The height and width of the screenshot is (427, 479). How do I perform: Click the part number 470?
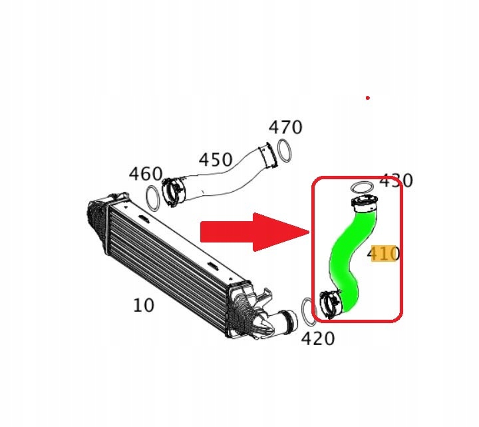(x=285, y=127)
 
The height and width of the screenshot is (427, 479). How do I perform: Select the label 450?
(x=216, y=159)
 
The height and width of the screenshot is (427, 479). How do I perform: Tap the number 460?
(x=146, y=174)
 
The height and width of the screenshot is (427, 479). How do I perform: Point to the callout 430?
(x=396, y=181)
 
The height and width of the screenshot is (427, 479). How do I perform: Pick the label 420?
(x=318, y=338)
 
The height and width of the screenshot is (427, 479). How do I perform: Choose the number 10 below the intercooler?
(x=144, y=305)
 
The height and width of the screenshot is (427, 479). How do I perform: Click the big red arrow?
(x=255, y=232)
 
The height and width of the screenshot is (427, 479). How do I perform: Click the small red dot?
(x=368, y=98)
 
